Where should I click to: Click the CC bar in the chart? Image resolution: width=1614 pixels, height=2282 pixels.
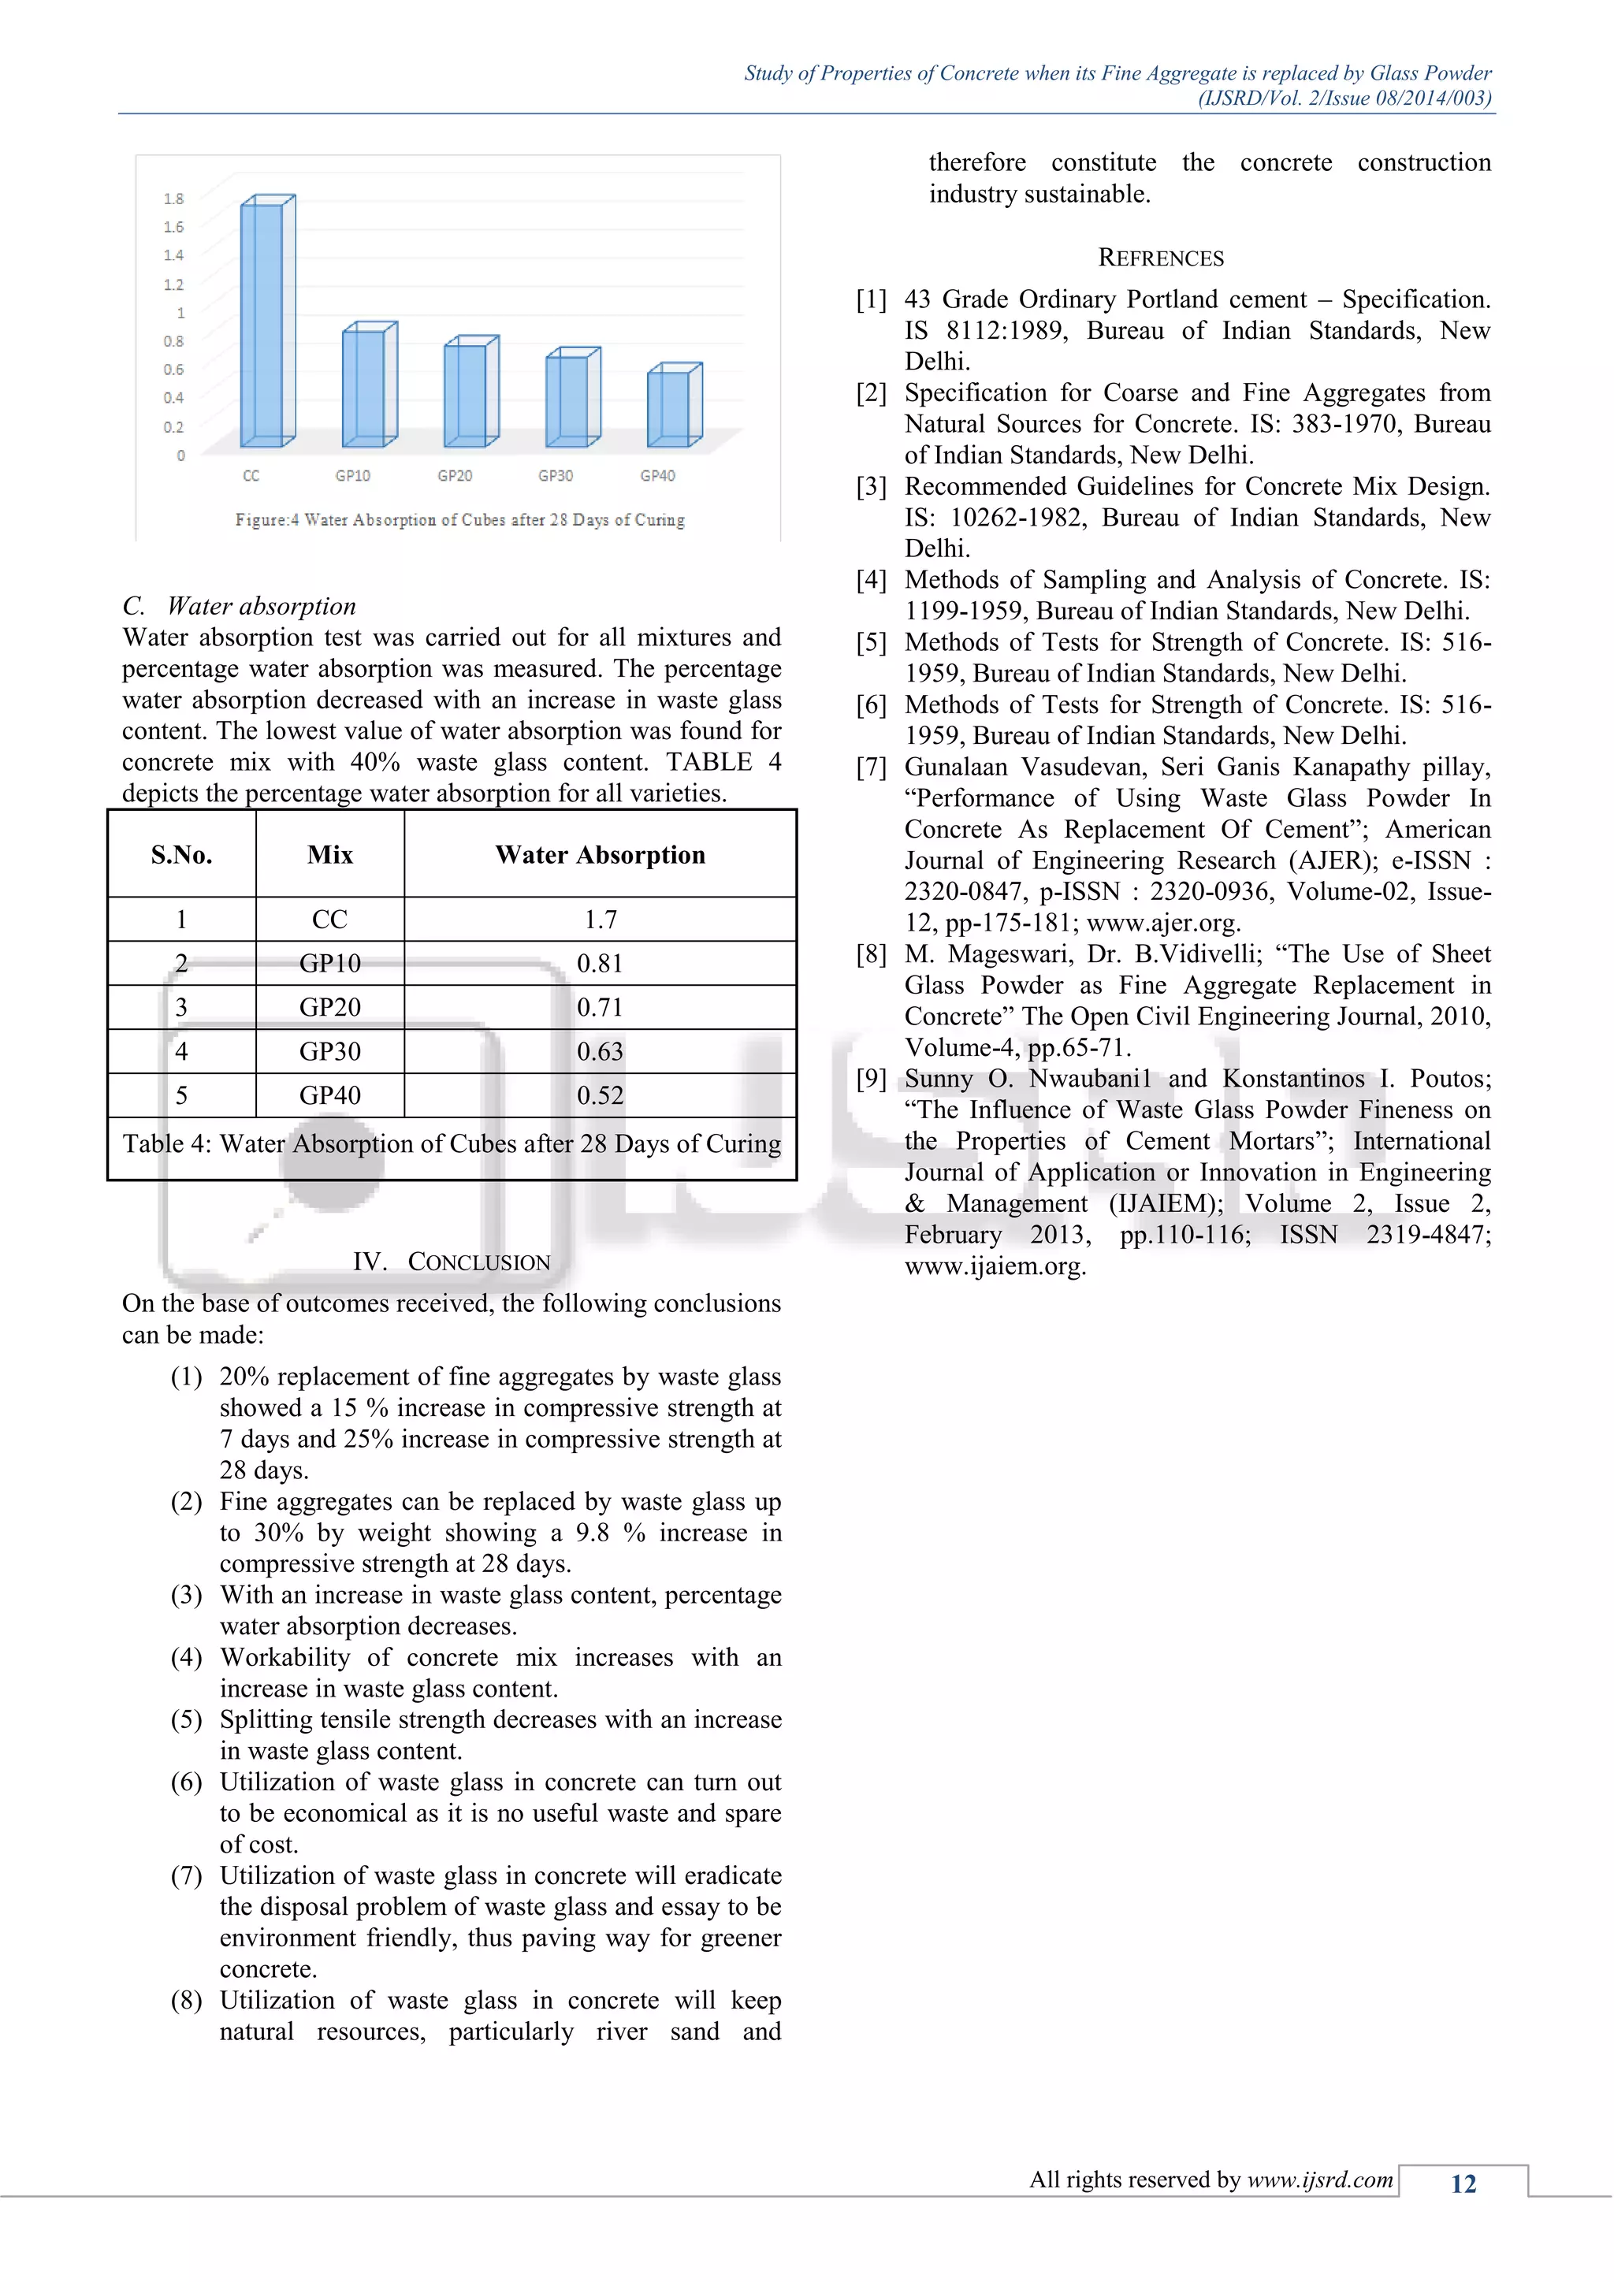point(264,323)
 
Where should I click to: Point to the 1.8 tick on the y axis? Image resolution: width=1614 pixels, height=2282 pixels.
point(174,199)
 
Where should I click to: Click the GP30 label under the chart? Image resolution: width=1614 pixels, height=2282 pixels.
point(556,476)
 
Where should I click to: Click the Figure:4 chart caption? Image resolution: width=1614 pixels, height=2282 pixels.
point(459,520)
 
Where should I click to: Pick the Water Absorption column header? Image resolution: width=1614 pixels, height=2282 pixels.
point(601,855)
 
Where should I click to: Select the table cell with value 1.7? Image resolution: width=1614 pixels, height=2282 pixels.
point(601,920)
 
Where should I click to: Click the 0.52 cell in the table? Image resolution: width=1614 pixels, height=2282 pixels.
point(601,1095)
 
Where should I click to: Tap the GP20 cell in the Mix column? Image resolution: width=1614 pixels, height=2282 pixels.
point(330,1007)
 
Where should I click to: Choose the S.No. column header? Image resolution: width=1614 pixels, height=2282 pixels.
point(182,855)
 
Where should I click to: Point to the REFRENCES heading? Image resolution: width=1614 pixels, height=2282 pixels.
point(1160,258)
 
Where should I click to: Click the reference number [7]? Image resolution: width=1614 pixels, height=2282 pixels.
point(872,767)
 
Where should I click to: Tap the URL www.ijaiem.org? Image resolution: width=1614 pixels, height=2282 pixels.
point(995,1266)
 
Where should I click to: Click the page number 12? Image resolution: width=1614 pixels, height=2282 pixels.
point(1463,2184)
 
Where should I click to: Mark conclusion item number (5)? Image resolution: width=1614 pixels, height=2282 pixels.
point(187,1719)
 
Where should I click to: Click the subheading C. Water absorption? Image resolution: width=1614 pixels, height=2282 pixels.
point(240,606)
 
